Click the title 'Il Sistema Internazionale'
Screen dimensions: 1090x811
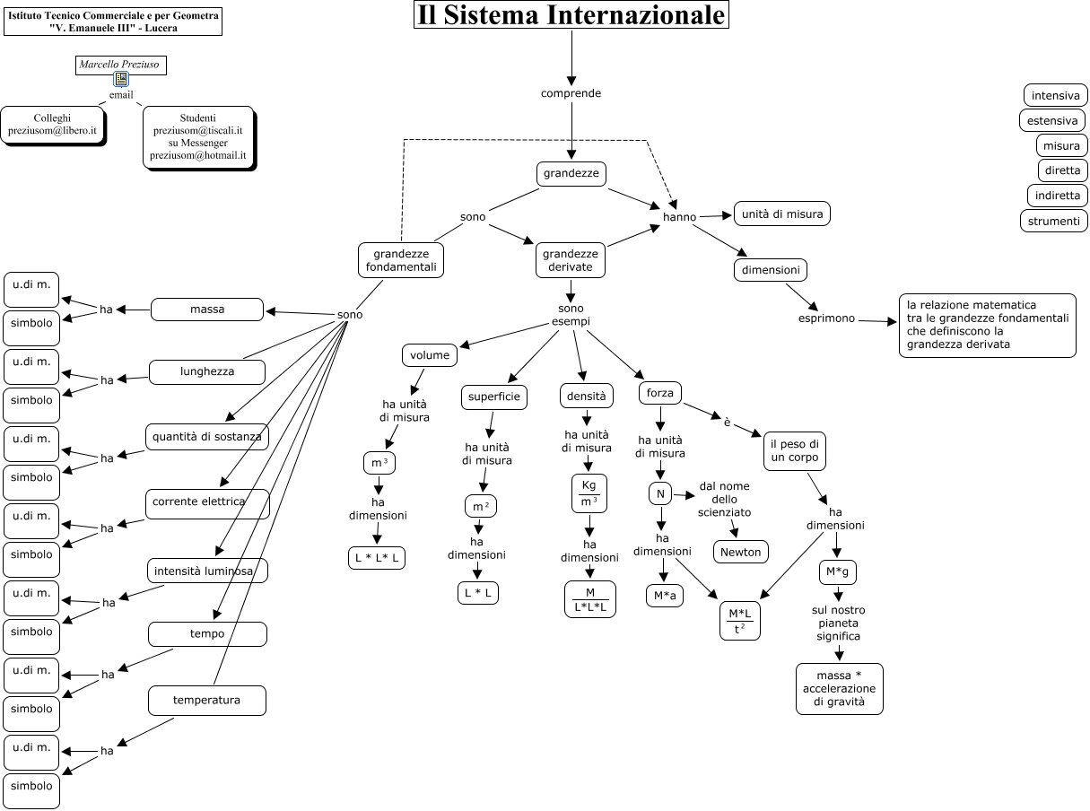coord(571,14)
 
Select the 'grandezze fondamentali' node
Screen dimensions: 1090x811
coord(400,260)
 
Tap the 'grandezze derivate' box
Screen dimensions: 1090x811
coord(570,260)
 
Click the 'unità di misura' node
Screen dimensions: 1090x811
coord(782,214)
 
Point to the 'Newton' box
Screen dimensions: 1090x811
coord(741,552)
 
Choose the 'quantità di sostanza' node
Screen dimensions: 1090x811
coord(207,437)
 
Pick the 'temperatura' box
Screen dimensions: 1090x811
coord(207,701)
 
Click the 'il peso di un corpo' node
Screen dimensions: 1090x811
coord(795,450)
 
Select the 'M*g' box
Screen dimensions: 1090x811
coord(837,572)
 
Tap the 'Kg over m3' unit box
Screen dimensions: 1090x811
coord(589,493)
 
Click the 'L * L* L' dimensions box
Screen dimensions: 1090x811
coord(377,558)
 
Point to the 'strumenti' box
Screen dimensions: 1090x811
coord(1053,222)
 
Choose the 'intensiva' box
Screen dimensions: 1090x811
coord(1055,95)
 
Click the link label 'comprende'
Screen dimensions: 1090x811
coord(571,93)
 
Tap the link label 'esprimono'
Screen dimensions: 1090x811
coord(826,318)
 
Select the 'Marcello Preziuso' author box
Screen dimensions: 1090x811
coord(121,65)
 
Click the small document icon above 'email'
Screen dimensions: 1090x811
coord(121,79)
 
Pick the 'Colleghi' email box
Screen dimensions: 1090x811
coord(53,125)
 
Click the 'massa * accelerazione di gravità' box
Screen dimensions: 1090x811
coord(840,689)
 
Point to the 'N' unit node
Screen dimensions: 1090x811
coord(660,494)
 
